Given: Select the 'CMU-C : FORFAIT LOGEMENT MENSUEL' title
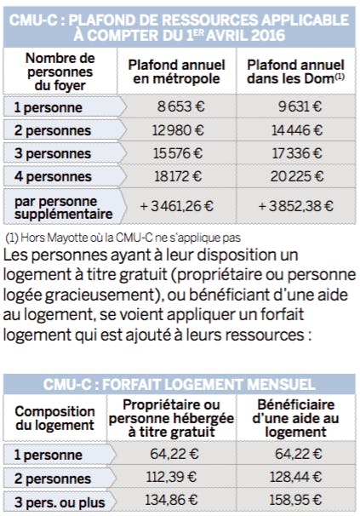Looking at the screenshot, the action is coord(180,383).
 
